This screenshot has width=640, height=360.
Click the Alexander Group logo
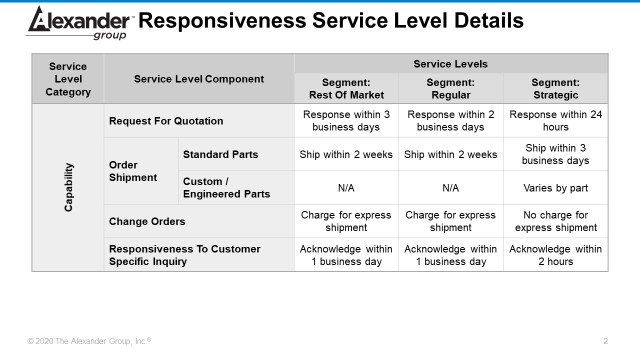point(81,22)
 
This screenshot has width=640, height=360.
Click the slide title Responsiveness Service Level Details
point(330,21)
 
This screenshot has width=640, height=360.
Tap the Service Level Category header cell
point(68,79)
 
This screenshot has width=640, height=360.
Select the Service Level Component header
point(200,79)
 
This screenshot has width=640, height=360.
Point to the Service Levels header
point(450,63)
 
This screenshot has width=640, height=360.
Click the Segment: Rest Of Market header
point(347,88)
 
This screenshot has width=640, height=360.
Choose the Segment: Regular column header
point(450,88)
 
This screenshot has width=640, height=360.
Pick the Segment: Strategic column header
point(555,88)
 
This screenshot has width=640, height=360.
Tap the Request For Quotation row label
point(166,121)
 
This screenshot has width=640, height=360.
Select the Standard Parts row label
point(219,154)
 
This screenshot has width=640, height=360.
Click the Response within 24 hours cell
point(555,121)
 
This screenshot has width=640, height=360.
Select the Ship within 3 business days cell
point(555,154)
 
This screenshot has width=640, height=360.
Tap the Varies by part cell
point(555,187)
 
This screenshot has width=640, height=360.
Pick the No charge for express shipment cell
point(555,220)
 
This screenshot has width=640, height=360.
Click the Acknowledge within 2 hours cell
point(555,254)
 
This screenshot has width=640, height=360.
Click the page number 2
point(606,341)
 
